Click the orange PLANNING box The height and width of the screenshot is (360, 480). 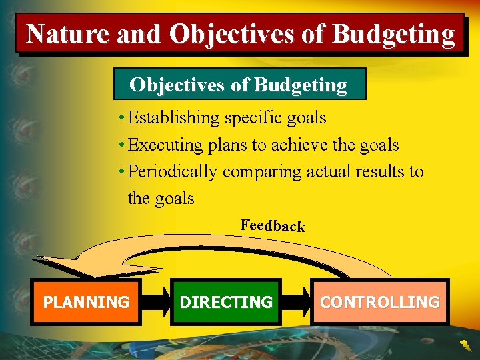coord(86,302)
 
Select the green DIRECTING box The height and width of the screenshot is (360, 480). coord(226,302)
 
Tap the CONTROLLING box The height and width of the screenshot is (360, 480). coord(380,302)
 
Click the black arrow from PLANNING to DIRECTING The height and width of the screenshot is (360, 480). coord(156,302)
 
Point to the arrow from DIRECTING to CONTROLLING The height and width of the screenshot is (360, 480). coord(296,302)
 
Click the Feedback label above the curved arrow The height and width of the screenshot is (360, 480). coord(273,225)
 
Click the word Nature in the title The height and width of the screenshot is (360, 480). coord(67,33)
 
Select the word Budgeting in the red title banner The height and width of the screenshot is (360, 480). coord(393,34)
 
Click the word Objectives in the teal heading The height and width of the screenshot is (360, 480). coord(177,85)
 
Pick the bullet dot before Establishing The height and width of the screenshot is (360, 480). coord(121,117)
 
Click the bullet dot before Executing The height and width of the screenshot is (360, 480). coord(121,145)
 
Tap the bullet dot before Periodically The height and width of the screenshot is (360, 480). coord(121,171)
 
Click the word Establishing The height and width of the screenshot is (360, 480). coord(173,118)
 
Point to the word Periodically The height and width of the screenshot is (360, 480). coord(173,172)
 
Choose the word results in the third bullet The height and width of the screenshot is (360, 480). coord(377,171)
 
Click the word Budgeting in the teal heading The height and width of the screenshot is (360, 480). coord(301,85)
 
